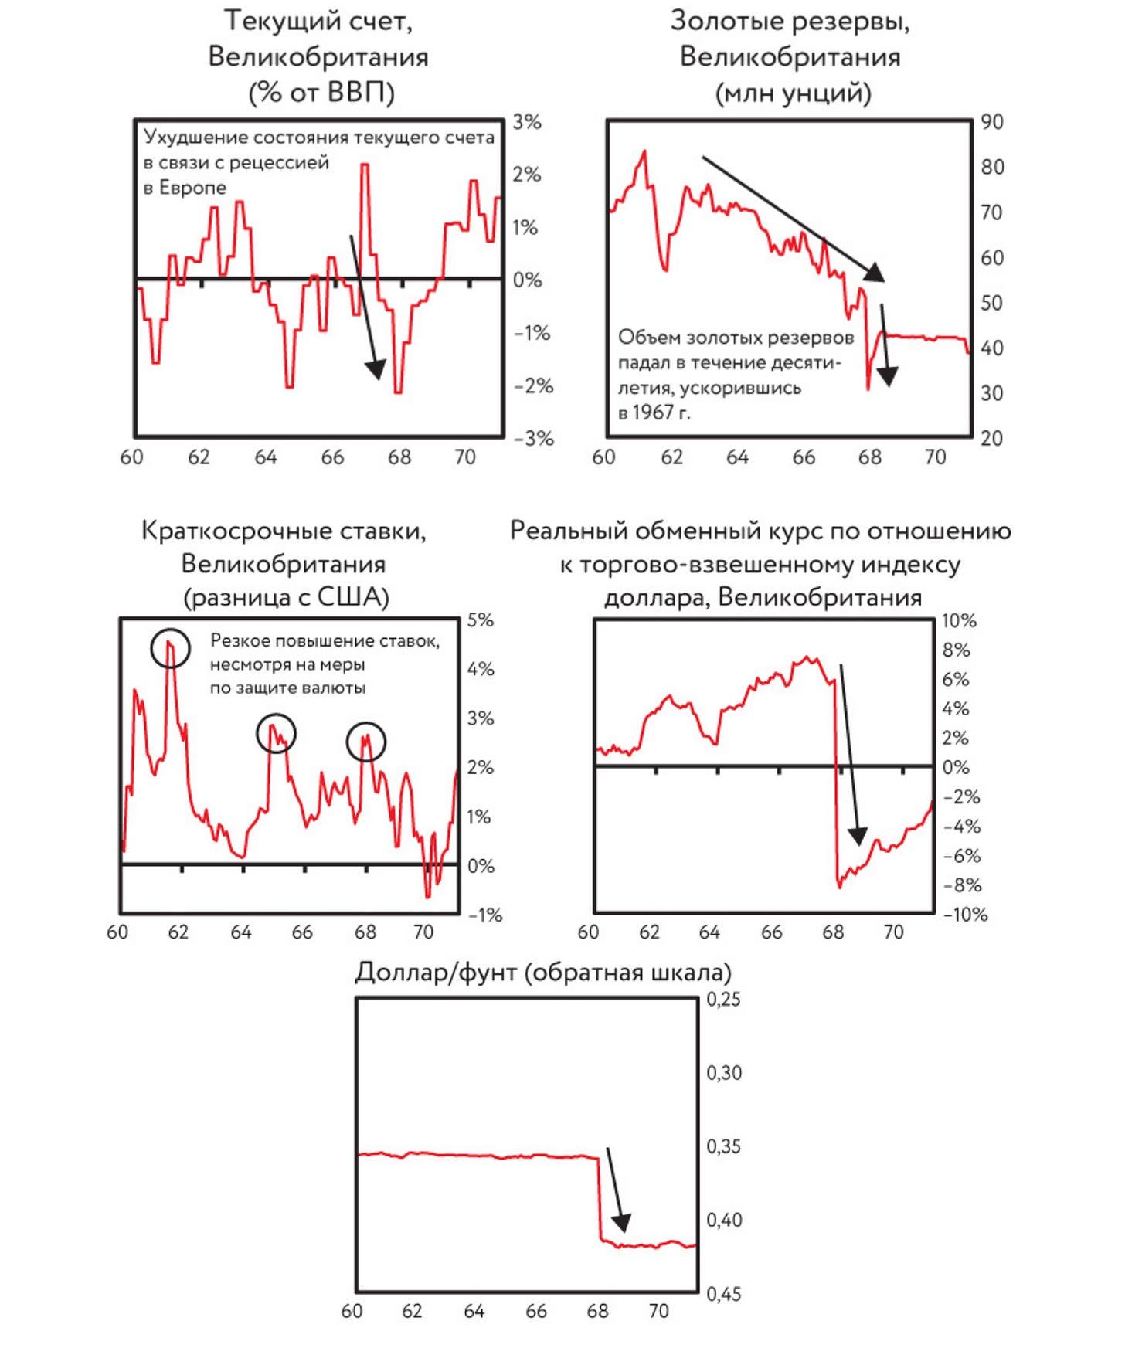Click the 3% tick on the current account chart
pyautogui.click(x=527, y=122)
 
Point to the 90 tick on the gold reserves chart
pyautogui.click(x=992, y=122)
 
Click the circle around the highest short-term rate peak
pyautogui.click(x=171, y=647)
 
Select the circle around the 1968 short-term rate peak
pyautogui.click(x=365, y=742)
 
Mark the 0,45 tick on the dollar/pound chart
pyautogui.click(x=723, y=1293)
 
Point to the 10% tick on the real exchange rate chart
pyautogui.click(x=959, y=620)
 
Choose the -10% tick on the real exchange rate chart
pyautogui.click(x=965, y=915)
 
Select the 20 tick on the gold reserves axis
pyautogui.click(x=992, y=439)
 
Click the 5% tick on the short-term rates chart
pyautogui.click(x=480, y=620)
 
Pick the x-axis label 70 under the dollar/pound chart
pyautogui.click(x=658, y=1311)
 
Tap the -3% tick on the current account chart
pyautogui.click(x=534, y=439)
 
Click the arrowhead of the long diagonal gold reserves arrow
pyautogui.click(x=875, y=272)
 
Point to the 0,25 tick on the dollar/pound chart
pyautogui.click(x=723, y=1000)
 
